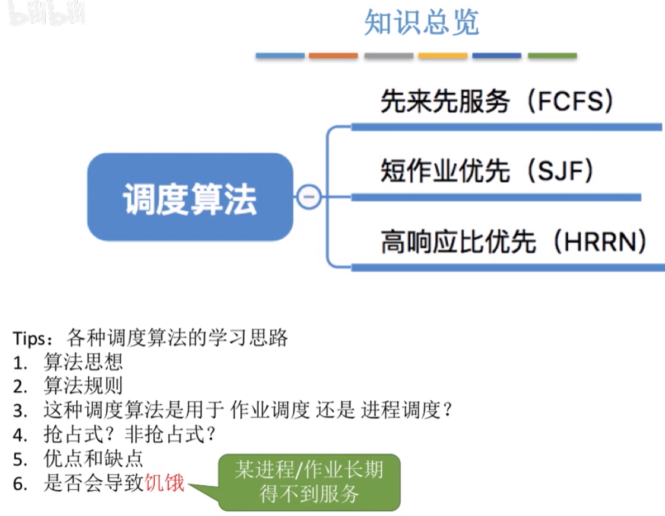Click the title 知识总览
pos(421,23)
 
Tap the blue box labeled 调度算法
pos(190,197)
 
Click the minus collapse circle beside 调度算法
pos(308,197)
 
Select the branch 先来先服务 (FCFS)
pos(497,102)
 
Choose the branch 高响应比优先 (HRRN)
pos(514,242)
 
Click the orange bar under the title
pos(333,56)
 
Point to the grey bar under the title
pos(388,56)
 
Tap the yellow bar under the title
pos(443,56)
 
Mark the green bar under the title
pos(552,56)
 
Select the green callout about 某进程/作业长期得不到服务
pos(309,481)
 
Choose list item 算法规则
pos(83,386)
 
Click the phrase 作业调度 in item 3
pos(270,411)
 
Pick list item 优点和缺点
pos(93,459)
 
